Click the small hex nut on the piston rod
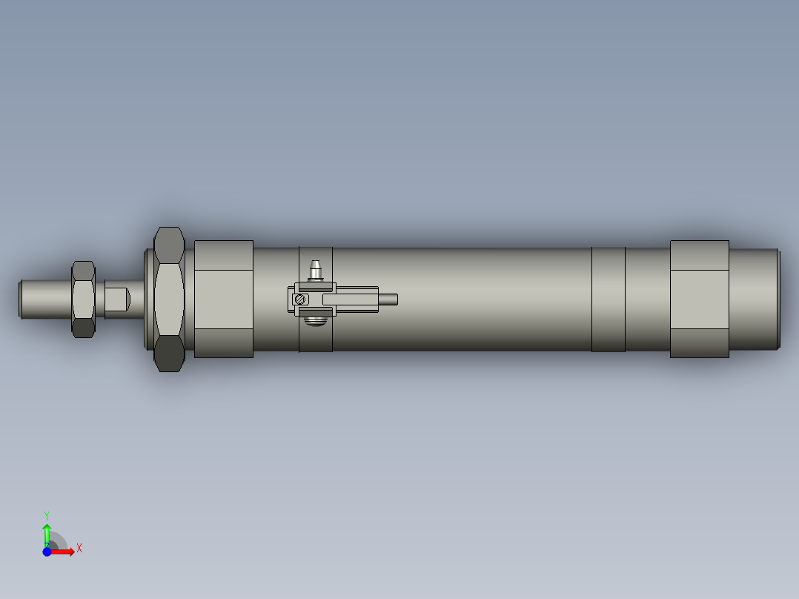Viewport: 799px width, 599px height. (x=83, y=299)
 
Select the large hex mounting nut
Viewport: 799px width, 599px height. (x=169, y=299)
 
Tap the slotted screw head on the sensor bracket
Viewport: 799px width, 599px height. (x=299, y=299)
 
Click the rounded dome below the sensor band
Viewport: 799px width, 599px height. (x=316, y=322)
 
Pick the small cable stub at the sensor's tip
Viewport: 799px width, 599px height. (x=388, y=299)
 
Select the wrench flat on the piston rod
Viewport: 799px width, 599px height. (x=116, y=299)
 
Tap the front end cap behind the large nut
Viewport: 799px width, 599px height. (x=223, y=299)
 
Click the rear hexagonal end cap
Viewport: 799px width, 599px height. (x=699, y=299)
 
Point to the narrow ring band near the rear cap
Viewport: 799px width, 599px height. (x=608, y=299)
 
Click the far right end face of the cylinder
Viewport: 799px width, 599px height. (x=778, y=299)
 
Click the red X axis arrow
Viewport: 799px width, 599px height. (x=64, y=552)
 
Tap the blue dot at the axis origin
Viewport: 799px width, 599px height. (x=47, y=552)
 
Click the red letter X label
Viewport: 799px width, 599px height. (x=79, y=549)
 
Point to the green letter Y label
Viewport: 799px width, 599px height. (x=46, y=514)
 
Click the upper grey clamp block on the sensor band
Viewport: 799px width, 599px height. (x=315, y=286)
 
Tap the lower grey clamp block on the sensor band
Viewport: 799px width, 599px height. (x=315, y=312)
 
